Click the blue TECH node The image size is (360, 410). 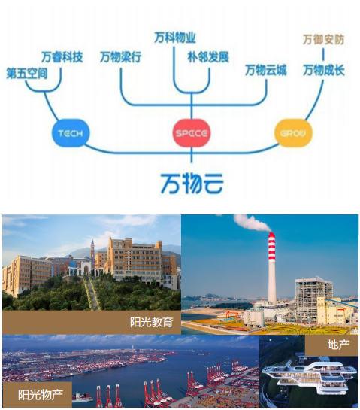(71, 133)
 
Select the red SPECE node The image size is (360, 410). (192, 133)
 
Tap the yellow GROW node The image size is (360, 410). (293, 133)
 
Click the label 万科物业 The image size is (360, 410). (175, 38)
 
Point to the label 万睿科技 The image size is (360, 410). (62, 57)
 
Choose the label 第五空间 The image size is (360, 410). (27, 74)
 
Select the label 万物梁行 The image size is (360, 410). (121, 57)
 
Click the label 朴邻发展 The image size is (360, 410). (208, 57)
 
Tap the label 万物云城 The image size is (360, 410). (266, 71)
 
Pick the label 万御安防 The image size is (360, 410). (323, 40)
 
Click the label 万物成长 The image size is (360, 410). (324, 71)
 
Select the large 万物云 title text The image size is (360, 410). (192, 183)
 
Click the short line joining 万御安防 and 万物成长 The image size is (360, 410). (323, 55)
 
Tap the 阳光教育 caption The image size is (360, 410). (152, 322)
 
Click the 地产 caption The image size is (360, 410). (338, 345)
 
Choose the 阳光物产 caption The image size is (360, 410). (41, 394)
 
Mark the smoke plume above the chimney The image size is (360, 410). (250, 223)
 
